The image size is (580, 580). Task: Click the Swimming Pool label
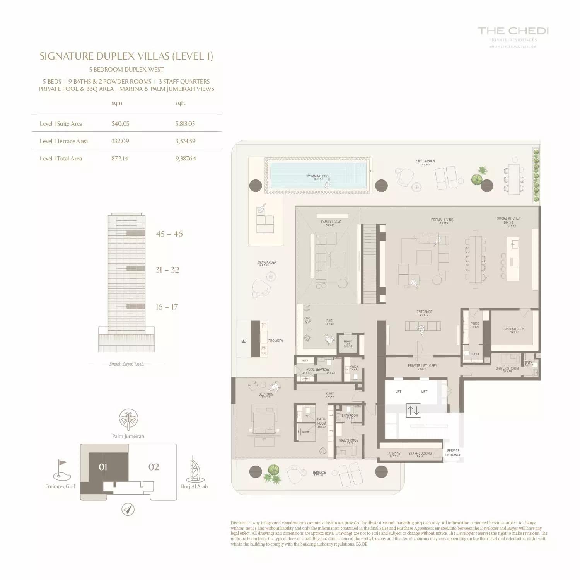tap(318, 176)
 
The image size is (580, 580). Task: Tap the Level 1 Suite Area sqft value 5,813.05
tap(185, 124)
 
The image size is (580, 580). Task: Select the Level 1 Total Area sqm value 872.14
tap(120, 159)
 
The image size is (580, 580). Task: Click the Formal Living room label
tap(442, 220)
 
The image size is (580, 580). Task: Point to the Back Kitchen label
tap(514, 329)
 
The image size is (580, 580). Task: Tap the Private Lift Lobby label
tap(422, 366)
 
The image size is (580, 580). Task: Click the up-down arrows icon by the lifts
tap(413, 410)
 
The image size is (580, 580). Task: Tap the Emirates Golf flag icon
tap(62, 469)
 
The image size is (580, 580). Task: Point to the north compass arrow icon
tap(128, 509)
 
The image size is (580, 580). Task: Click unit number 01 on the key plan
tap(103, 467)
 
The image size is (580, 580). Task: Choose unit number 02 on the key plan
tap(154, 467)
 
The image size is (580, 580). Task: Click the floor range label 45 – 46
tap(169, 234)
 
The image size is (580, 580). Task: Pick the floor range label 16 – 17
tap(167, 307)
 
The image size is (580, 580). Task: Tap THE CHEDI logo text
tap(513, 31)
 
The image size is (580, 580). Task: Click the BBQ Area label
tap(276, 341)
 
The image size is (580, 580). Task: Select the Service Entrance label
tap(453, 453)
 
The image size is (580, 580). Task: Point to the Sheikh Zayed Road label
tap(126, 364)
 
